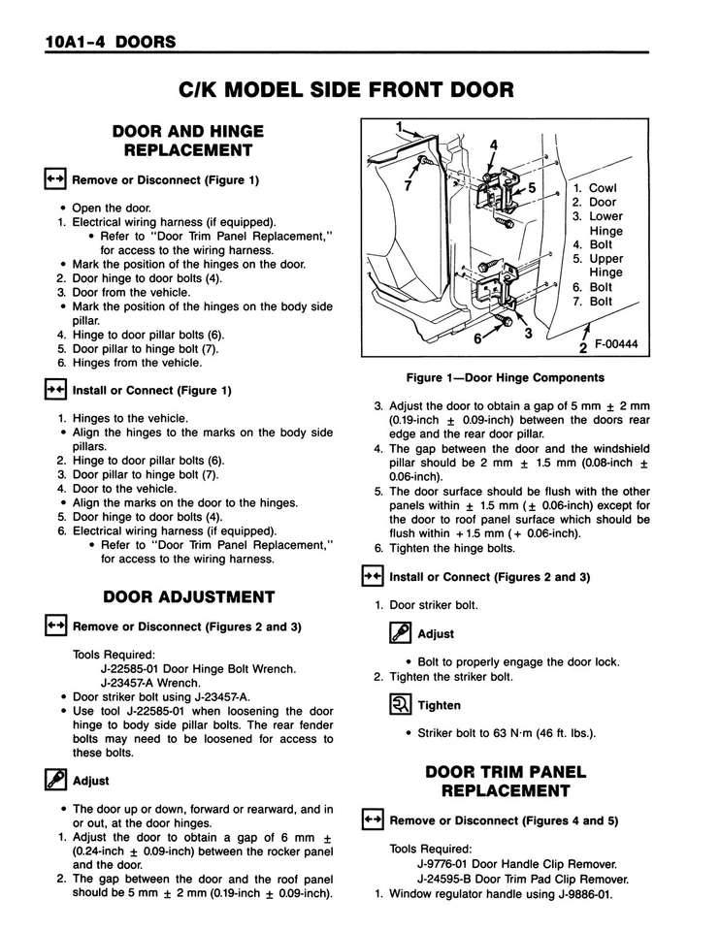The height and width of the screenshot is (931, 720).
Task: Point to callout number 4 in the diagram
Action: click(x=493, y=146)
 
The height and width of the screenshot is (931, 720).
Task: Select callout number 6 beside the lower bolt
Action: click(x=478, y=338)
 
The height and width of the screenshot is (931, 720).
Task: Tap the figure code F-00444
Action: click(x=622, y=344)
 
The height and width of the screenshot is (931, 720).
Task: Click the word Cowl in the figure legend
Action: click(x=603, y=188)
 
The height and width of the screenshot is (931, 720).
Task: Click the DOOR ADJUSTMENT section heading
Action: click(x=189, y=596)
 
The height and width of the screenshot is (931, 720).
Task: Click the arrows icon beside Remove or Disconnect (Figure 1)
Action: click(x=53, y=179)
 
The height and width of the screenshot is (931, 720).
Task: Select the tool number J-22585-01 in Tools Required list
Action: click(x=137, y=668)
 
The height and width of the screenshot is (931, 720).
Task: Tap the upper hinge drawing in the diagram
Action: click(x=502, y=183)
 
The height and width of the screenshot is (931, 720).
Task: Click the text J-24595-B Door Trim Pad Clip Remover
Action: click(x=523, y=879)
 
